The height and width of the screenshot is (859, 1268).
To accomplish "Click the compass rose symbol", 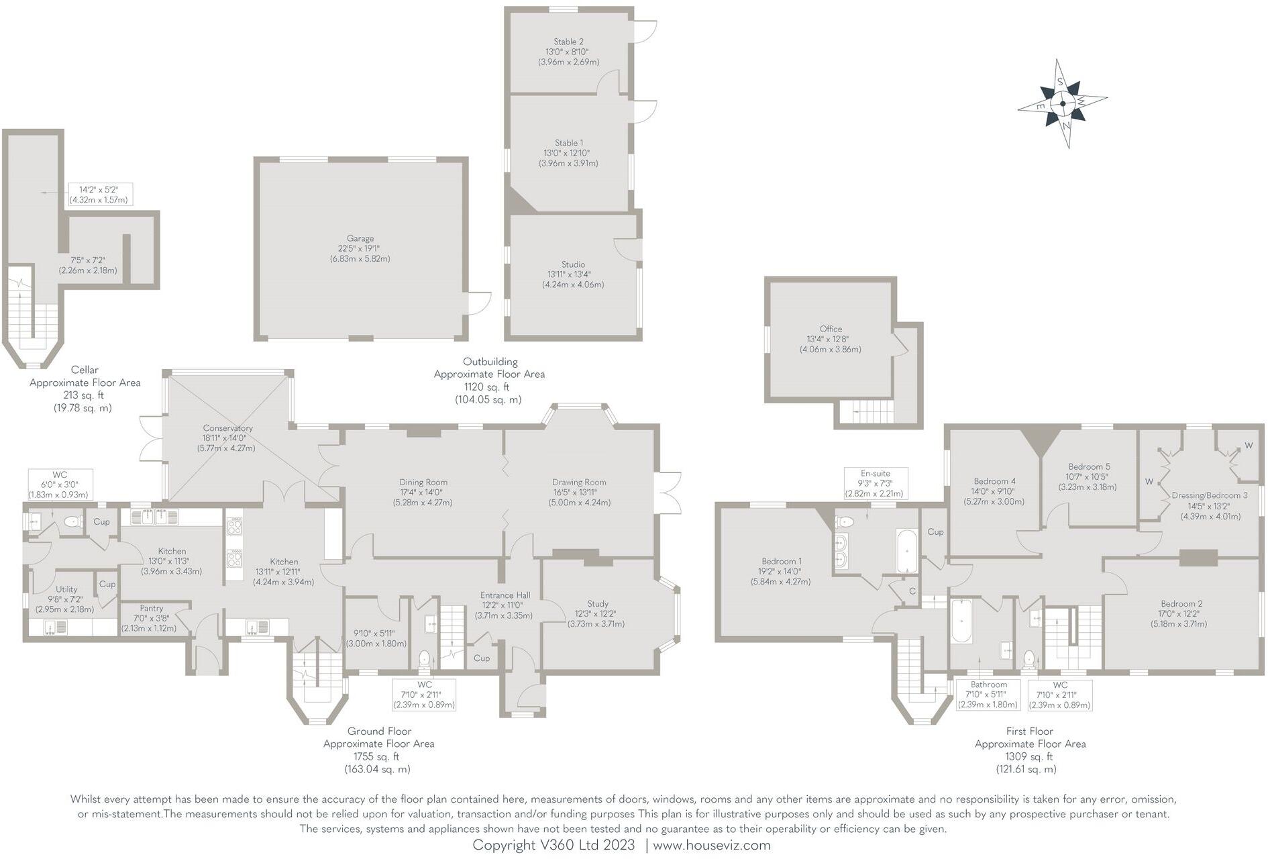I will (x=1063, y=104).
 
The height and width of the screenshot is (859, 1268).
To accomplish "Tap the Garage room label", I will (x=360, y=238).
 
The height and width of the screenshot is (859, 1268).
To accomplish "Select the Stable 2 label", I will (x=568, y=42).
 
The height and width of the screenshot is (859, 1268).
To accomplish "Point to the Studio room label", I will (x=573, y=264).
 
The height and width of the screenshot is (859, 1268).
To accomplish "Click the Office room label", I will (x=831, y=329).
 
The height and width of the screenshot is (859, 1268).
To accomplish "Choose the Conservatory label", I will (x=228, y=428).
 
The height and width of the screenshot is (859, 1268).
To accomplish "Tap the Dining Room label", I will (x=423, y=482).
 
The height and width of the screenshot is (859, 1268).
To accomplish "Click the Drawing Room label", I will (x=579, y=482).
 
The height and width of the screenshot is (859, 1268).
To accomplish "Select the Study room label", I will (x=597, y=603).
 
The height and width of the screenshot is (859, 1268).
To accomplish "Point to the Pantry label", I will (x=151, y=608).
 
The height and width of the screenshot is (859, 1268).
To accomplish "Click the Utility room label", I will (x=66, y=589).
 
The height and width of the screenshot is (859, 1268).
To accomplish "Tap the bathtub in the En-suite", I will (x=906, y=551).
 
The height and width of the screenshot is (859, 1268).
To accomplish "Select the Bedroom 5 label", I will (x=1089, y=466).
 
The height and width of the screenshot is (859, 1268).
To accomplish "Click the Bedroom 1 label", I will (x=781, y=561).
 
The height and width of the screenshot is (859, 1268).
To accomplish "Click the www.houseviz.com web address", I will (x=711, y=846).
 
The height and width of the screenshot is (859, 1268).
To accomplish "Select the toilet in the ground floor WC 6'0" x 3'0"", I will (x=71, y=521).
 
